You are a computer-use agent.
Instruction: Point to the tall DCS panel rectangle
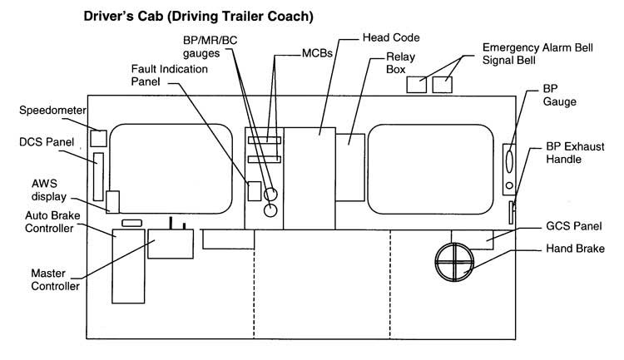click(x=100, y=176)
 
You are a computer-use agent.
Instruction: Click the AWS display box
click(x=113, y=202)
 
